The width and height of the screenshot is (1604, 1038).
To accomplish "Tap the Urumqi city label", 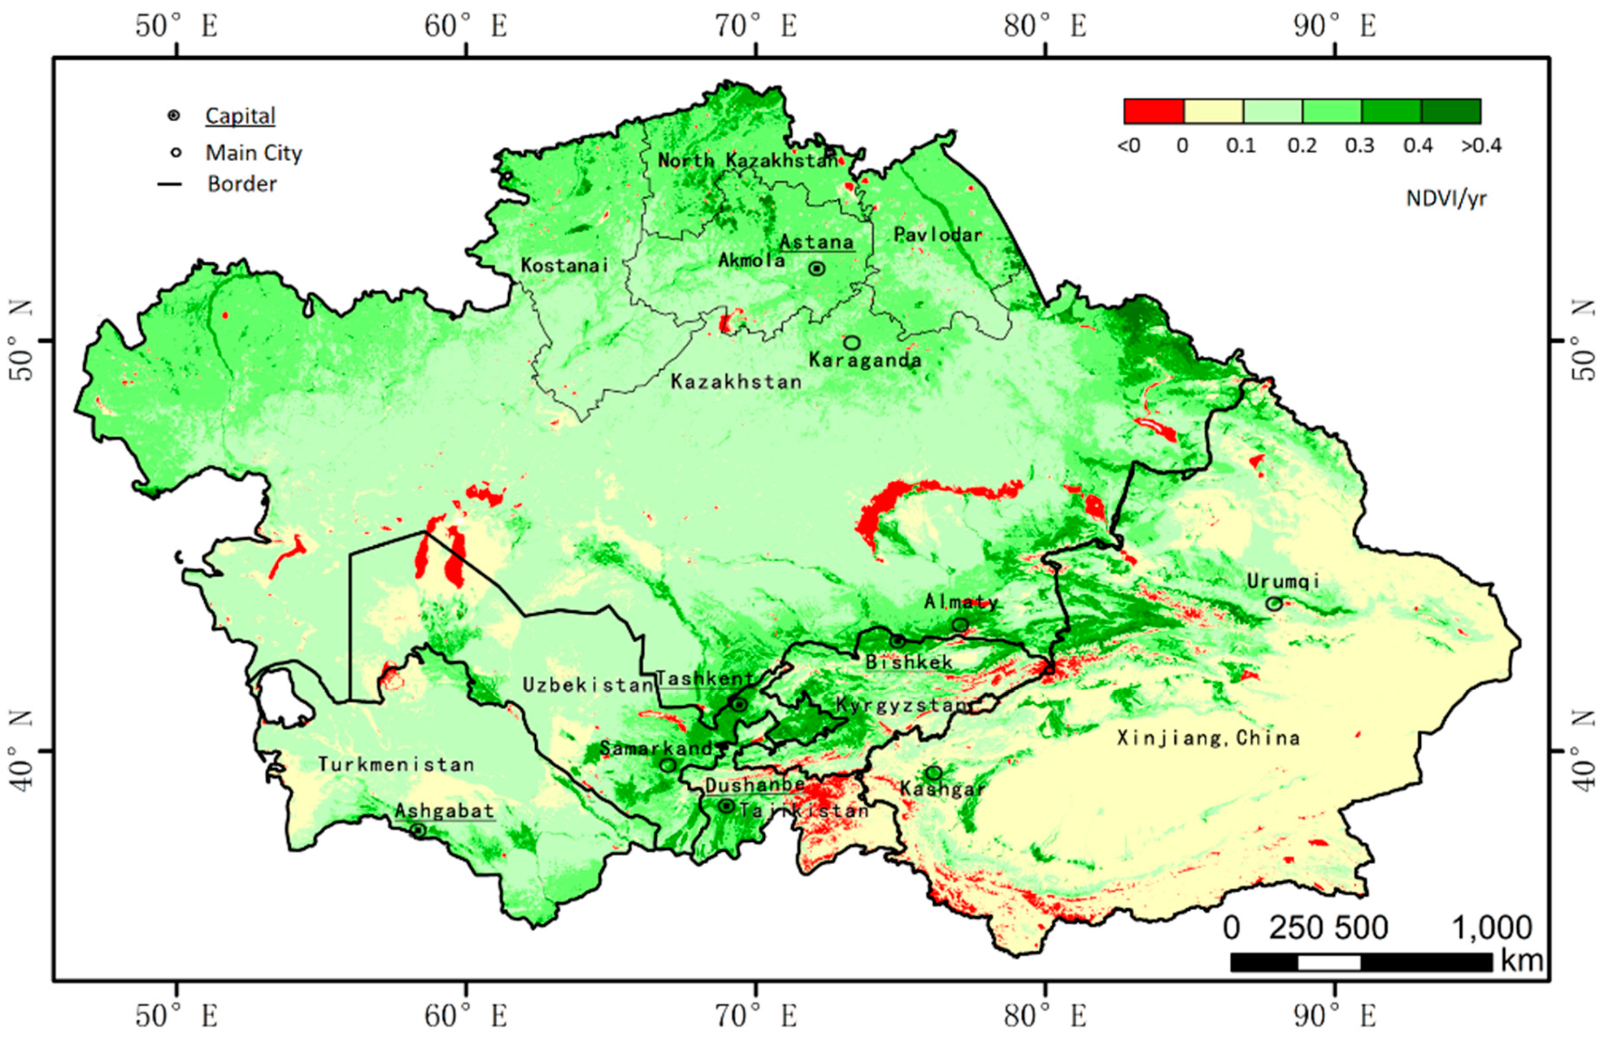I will [1282, 580].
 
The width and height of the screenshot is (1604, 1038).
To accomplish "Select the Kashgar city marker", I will [934, 773].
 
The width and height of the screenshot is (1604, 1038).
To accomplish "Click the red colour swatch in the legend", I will [1153, 111].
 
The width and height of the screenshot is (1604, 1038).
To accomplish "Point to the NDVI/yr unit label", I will [1446, 199].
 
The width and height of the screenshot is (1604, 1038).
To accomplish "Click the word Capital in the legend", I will [240, 116].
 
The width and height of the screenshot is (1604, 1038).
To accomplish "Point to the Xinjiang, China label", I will [1208, 738].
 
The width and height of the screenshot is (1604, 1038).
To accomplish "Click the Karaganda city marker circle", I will [852, 342].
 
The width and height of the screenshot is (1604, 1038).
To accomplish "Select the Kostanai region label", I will [565, 265].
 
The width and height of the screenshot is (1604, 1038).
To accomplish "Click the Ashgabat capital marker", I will [418, 830].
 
